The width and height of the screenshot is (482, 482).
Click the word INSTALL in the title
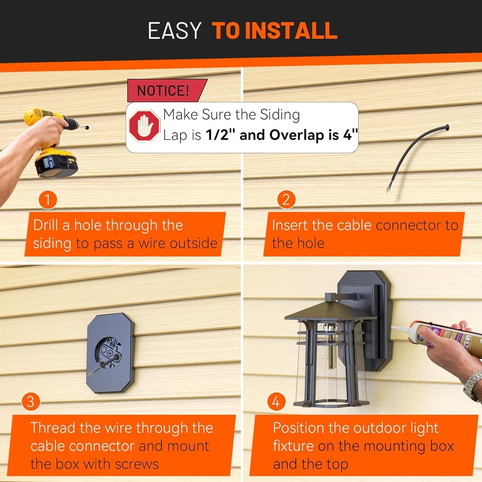[x=291, y=31]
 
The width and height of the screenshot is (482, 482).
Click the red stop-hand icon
[x=145, y=126]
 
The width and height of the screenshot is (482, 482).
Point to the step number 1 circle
[x=48, y=200]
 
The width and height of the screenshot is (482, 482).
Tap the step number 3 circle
[x=31, y=402]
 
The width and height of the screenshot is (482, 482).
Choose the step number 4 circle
[x=276, y=402]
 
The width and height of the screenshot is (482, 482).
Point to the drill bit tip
[x=87, y=128]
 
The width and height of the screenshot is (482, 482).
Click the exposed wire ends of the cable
[x=389, y=188]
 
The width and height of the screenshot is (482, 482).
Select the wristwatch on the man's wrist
[x=473, y=386]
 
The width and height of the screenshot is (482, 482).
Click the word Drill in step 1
[x=46, y=225]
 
